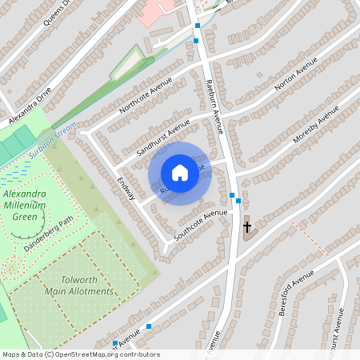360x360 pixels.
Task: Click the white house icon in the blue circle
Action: tap(180, 173)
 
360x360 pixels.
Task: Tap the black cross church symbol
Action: tap(247, 227)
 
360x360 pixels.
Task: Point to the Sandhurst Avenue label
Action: tap(163, 137)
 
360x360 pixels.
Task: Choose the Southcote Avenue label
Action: tap(201, 226)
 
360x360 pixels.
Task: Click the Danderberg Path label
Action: tap(48, 234)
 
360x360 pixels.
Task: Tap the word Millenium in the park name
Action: tap(25, 206)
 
